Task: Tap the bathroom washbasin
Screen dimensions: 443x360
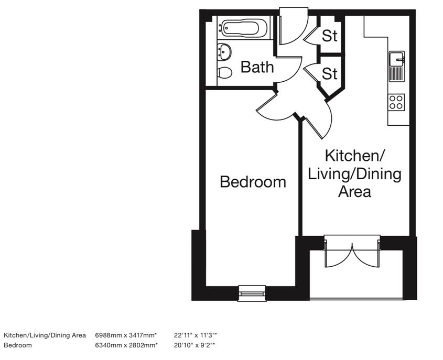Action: click(224, 52)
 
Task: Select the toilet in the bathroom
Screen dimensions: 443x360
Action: click(224, 72)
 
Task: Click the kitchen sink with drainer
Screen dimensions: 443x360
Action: click(397, 66)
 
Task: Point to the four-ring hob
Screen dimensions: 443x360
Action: click(396, 102)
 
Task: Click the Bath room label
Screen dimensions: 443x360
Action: click(257, 67)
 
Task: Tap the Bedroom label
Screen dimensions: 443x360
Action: click(253, 182)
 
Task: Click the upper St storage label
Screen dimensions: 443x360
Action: click(329, 36)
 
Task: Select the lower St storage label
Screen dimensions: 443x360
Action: click(329, 73)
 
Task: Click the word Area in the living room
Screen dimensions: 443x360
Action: click(354, 191)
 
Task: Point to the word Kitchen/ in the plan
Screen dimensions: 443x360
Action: click(354, 156)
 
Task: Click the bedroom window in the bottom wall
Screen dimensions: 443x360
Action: click(252, 293)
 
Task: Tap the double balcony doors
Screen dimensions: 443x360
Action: click(352, 252)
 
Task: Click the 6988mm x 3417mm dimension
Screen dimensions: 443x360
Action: click(126, 335)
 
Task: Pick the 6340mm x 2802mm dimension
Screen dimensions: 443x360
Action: click(126, 345)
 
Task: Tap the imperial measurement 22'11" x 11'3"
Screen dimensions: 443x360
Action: click(196, 335)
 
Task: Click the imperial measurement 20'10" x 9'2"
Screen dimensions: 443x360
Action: click(195, 345)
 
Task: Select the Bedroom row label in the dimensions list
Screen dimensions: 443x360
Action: click(17, 345)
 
